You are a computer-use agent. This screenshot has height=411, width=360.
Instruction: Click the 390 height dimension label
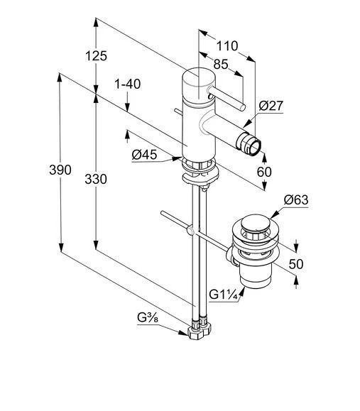(60, 170)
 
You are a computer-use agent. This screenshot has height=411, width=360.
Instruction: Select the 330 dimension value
(96, 180)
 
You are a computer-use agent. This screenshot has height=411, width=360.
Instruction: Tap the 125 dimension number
(97, 56)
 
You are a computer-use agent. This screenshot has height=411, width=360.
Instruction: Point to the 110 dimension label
(227, 46)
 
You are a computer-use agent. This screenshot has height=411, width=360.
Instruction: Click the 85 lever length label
(221, 64)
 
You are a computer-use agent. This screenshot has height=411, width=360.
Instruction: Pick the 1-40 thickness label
(128, 84)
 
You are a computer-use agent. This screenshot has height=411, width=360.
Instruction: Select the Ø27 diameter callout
(271, 106)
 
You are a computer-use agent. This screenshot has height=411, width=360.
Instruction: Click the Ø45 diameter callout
(144, 155)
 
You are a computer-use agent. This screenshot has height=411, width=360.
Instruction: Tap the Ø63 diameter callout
(296, 200)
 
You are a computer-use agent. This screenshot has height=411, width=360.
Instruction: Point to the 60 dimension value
(264, 172)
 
